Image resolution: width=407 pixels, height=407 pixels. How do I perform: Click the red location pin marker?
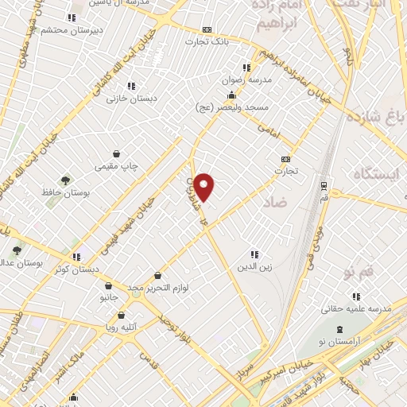pos(205,185)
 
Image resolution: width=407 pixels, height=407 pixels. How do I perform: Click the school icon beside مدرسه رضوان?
pos(246,68)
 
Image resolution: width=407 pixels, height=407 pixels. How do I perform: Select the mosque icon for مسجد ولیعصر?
pos(210,95)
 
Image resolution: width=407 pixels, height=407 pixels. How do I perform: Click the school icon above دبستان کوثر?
pos(77,257)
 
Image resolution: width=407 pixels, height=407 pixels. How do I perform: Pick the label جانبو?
pos(108,297)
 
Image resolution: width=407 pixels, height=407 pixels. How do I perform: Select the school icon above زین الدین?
pos(254,254)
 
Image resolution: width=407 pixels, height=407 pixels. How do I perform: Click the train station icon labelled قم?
pos(324,185)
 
